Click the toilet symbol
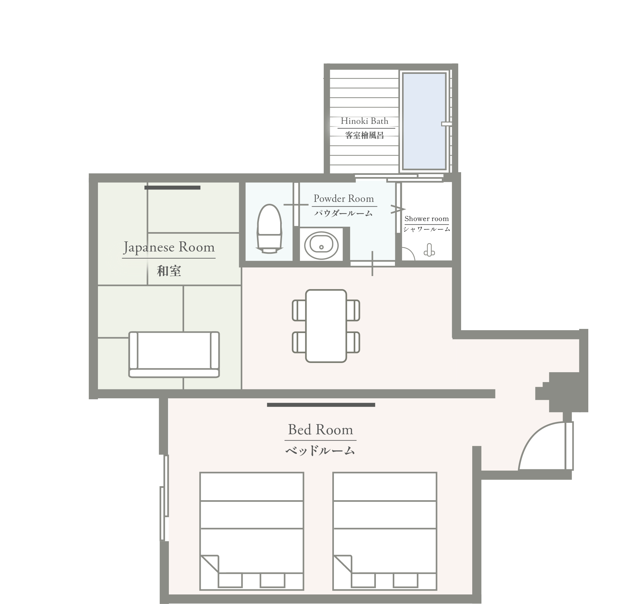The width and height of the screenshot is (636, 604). (269, 228)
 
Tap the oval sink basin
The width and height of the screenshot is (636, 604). (321, 246)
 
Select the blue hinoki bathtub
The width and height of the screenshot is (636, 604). (424, 121)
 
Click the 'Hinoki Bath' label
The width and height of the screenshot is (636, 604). (364, 121)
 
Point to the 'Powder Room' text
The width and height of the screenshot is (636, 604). (344, 198)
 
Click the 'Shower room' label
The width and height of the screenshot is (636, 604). (426, 219)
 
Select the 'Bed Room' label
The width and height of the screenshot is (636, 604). (321, 430)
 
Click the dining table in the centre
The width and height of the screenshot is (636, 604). (326, 326)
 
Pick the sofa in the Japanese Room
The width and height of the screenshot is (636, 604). (174, 354)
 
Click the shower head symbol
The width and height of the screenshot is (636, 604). (429, 250)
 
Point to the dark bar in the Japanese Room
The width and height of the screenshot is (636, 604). (172, 188)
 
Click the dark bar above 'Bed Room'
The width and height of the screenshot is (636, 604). (321, 405)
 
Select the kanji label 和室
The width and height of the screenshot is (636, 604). (169, 271)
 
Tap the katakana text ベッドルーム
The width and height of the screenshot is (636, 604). (320, 451)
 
